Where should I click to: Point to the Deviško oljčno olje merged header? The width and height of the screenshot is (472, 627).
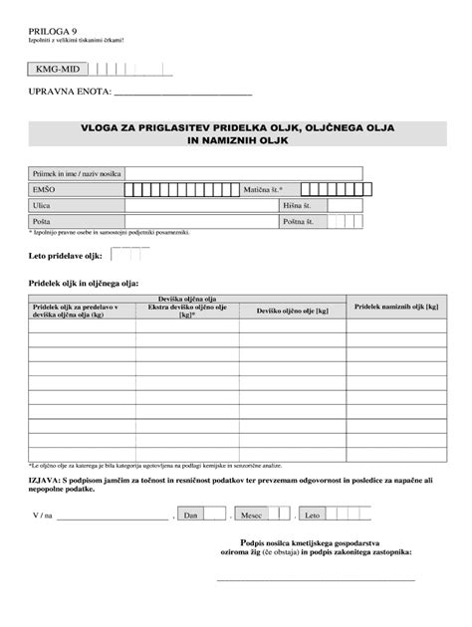(188, 299)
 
